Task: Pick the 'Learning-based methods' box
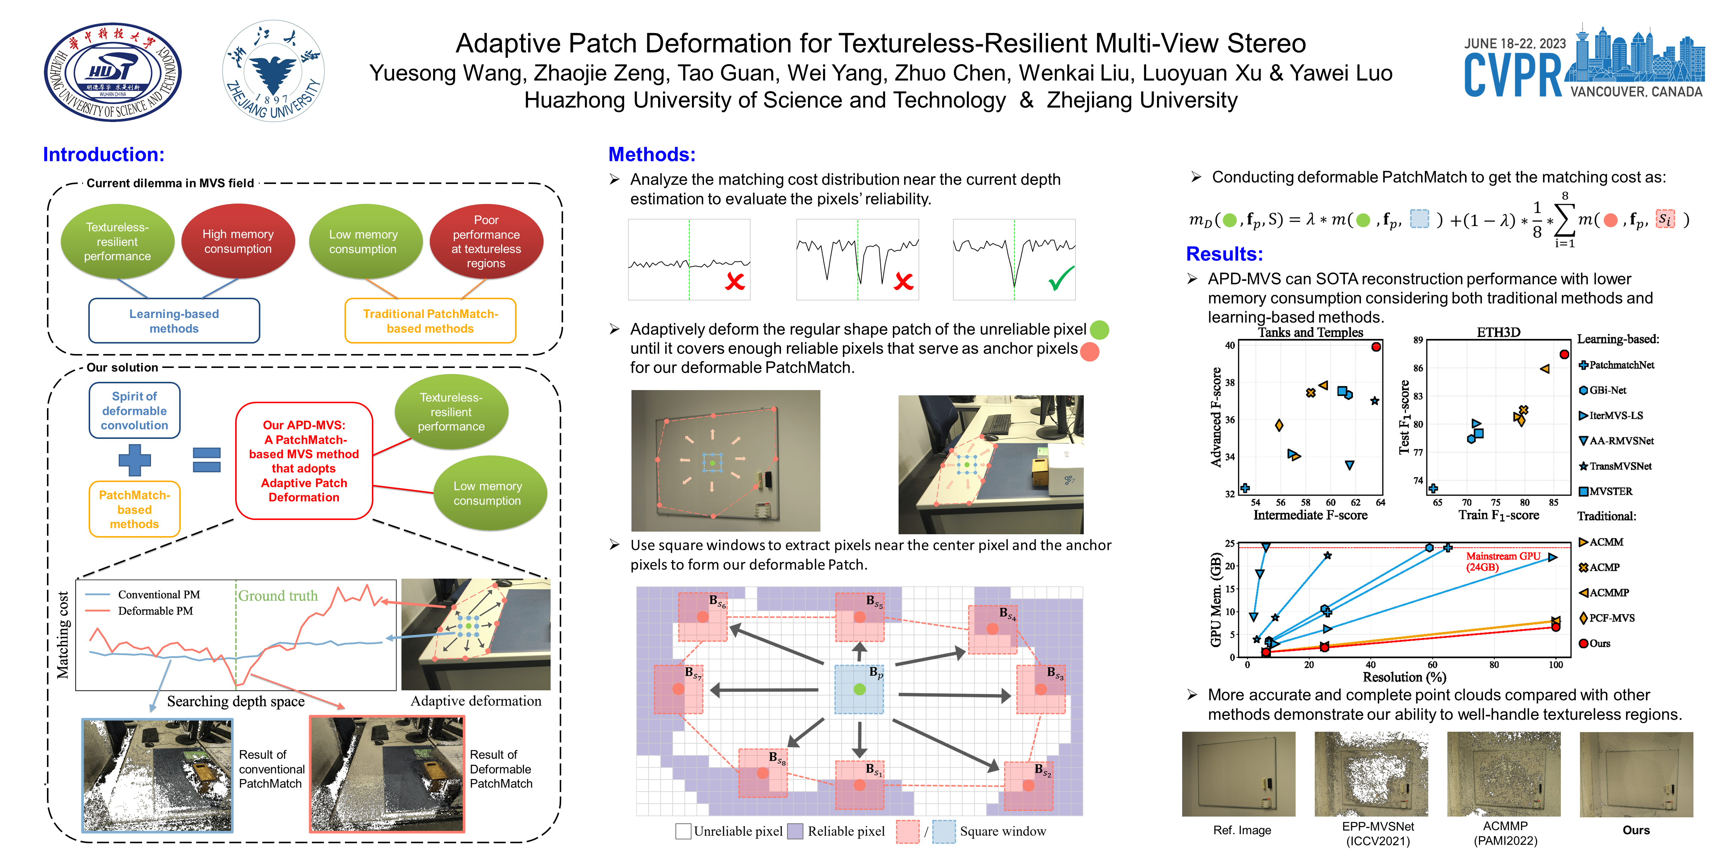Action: pos(174,321)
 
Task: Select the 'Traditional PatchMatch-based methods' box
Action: pos(430,321)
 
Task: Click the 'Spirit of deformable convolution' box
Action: pos(134,410)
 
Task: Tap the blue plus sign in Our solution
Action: pos(134,460)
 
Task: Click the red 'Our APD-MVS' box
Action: pos(304,461)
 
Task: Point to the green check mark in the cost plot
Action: pos(1061,278)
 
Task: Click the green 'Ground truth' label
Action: pos(278,596)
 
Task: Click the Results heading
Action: pos(1224,254)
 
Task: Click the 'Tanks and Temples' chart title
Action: pos(1310,332)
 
